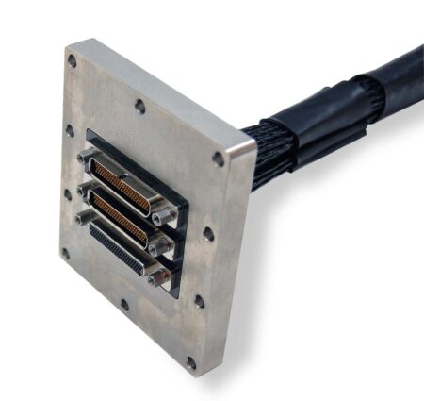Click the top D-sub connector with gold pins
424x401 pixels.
click(123, 184)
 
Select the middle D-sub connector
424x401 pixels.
click(121, 216)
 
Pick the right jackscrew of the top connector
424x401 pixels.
click(166, 214)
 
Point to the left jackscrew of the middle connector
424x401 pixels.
click(86, 188)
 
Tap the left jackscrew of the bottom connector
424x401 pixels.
click(84, 219)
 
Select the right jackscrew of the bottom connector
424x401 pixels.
click(160, 277)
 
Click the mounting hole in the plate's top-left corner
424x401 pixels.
click(72, 61)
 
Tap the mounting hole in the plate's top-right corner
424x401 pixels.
click(219, 159)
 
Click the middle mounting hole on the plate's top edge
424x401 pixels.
click(139, 106)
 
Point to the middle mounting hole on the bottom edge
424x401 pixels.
click(124, 305)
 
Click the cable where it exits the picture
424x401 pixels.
click(410, 61)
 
